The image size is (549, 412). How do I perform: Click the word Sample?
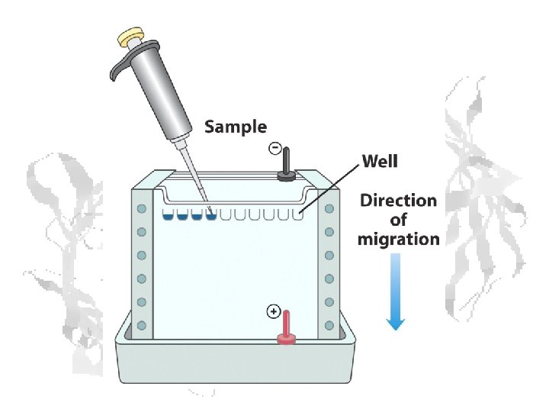pyautogui.click(x=236, y=127)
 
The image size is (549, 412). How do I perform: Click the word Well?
pyautogui.click(x=379, y=162)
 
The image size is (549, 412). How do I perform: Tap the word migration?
pyautogui.click(x=399, y=239)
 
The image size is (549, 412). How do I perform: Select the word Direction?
pyautogui.click(x=399, y=201)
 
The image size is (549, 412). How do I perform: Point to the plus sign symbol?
pyautogui.click(x=273, y=311)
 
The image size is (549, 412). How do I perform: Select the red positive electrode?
pyautogui.click(x=287, y=327)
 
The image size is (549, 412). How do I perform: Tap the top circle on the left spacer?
pyautogui.click(x=141, y=208)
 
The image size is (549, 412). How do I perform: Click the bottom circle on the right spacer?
pyautogui.click(x=329, y=326)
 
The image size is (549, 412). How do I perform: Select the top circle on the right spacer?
pyautogui.click(x=329, y=208)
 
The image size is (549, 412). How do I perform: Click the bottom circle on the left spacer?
pyautogui.click(x=141, y=326)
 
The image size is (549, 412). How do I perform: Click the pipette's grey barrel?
pyautogui.click(x=153, y=91)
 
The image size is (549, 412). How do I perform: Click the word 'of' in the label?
pyautogui.click(x=399, y=220)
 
